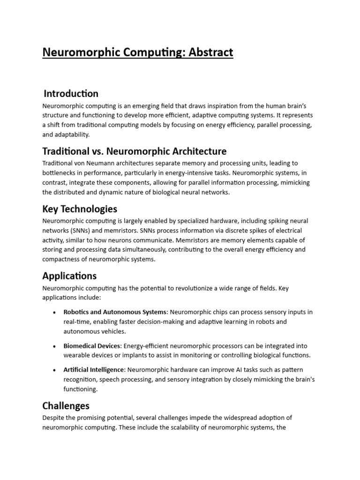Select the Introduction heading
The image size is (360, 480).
click(71, 93)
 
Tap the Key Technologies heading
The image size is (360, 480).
click(80, 209)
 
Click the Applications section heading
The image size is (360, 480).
click(69, 276)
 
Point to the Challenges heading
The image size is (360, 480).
click(66, 405)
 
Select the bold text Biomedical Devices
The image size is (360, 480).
click(91, 345)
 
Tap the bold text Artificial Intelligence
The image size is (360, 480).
click(94, 369)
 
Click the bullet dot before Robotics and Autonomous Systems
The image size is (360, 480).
click(55, 312)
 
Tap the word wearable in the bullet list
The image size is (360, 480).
click(77, 355)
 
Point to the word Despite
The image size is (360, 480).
click(54, 418)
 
